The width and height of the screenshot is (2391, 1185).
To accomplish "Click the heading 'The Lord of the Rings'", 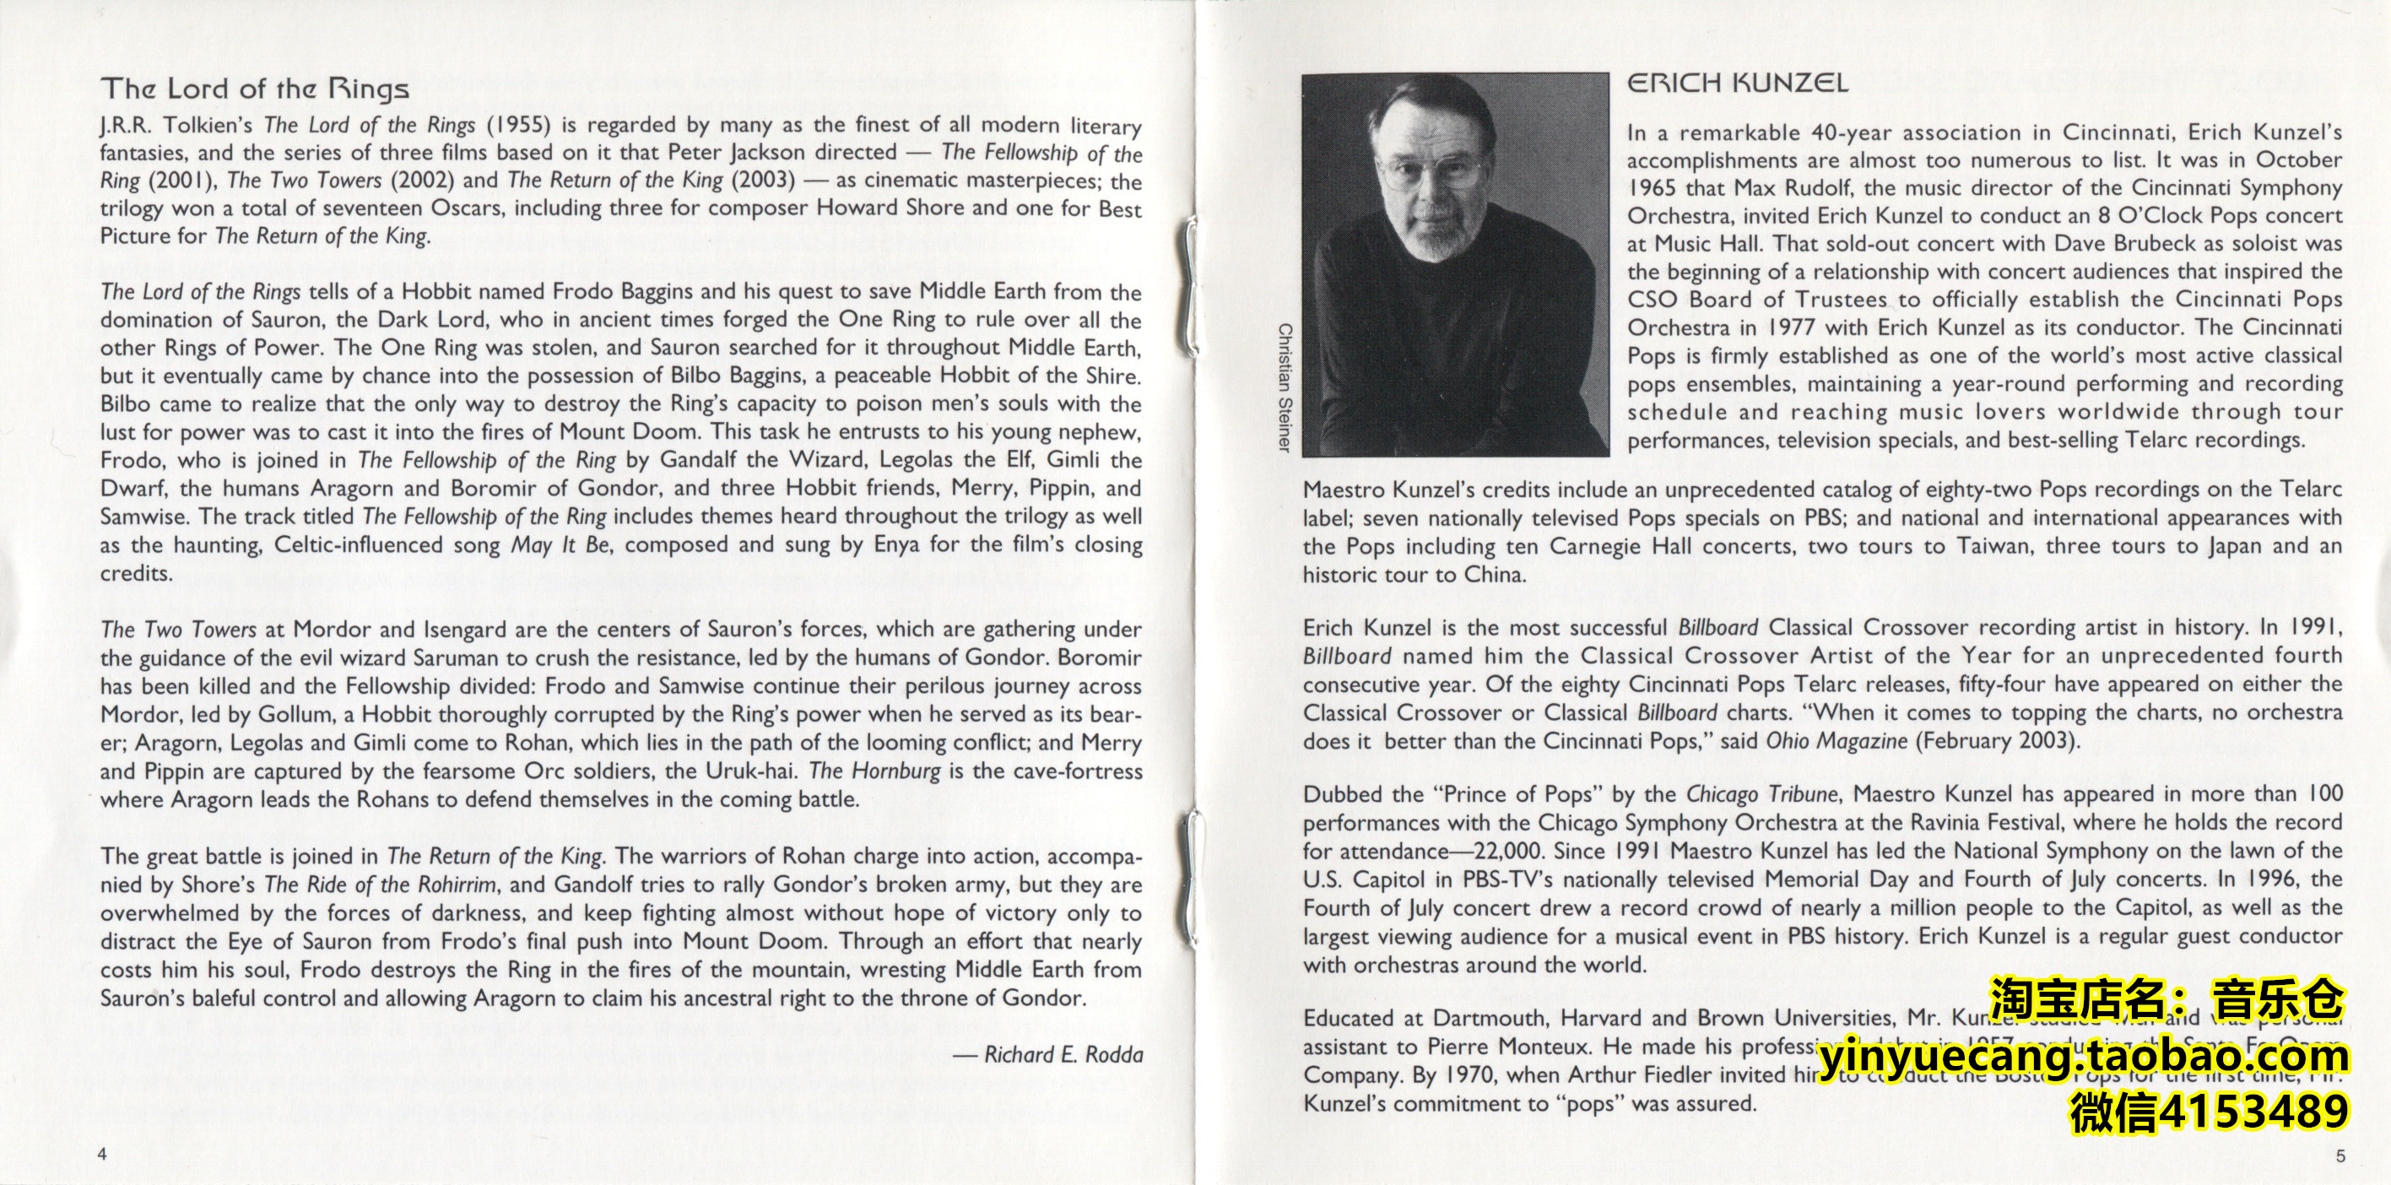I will (254, 89).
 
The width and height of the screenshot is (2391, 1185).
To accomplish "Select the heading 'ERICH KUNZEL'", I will (1737, 84).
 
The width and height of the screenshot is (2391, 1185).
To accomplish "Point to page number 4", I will (103, 1154).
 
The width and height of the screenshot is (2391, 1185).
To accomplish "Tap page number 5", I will (2341, 1155).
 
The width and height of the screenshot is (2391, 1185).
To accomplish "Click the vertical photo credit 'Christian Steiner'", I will (1285, 388).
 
